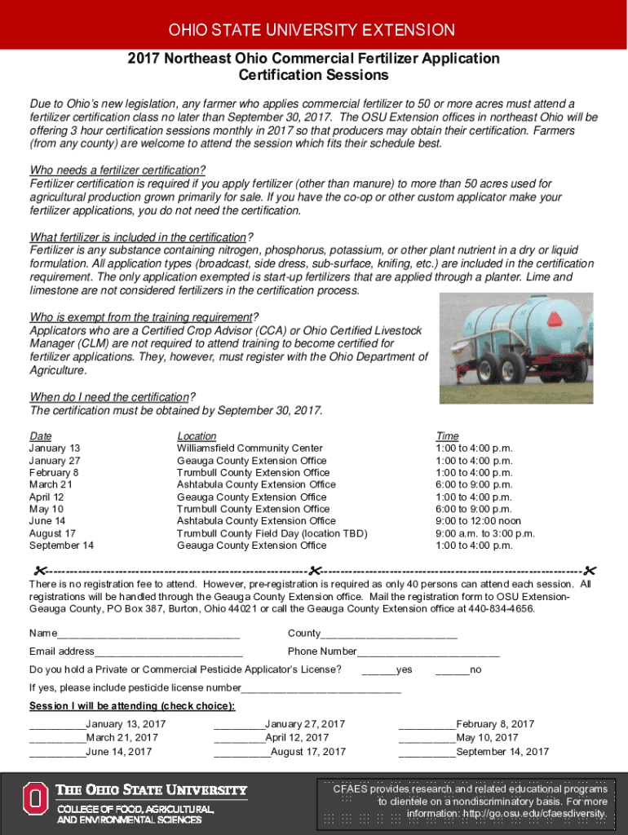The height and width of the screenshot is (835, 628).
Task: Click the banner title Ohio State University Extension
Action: tap(312, 30)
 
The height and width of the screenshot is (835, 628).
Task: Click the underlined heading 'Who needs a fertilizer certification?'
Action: tap(117, 170)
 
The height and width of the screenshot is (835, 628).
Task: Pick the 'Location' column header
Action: tap(197, 436)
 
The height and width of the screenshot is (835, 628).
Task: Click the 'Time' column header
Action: tap(447, 436)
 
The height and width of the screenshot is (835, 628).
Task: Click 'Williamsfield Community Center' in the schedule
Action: tap(250, 448)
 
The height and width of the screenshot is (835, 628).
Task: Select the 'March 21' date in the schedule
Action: tap(51, 484)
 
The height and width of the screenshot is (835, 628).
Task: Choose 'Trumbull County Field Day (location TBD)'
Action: tap(272, 533)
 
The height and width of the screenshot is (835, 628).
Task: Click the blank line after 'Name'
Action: tap(148, 634)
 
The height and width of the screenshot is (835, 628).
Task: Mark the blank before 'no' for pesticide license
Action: tap(453, 670)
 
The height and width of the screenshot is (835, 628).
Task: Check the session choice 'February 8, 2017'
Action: tap(427, 725)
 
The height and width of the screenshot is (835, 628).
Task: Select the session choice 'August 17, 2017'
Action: tap(241, 753)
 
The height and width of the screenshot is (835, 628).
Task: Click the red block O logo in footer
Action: tap(35, 799)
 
